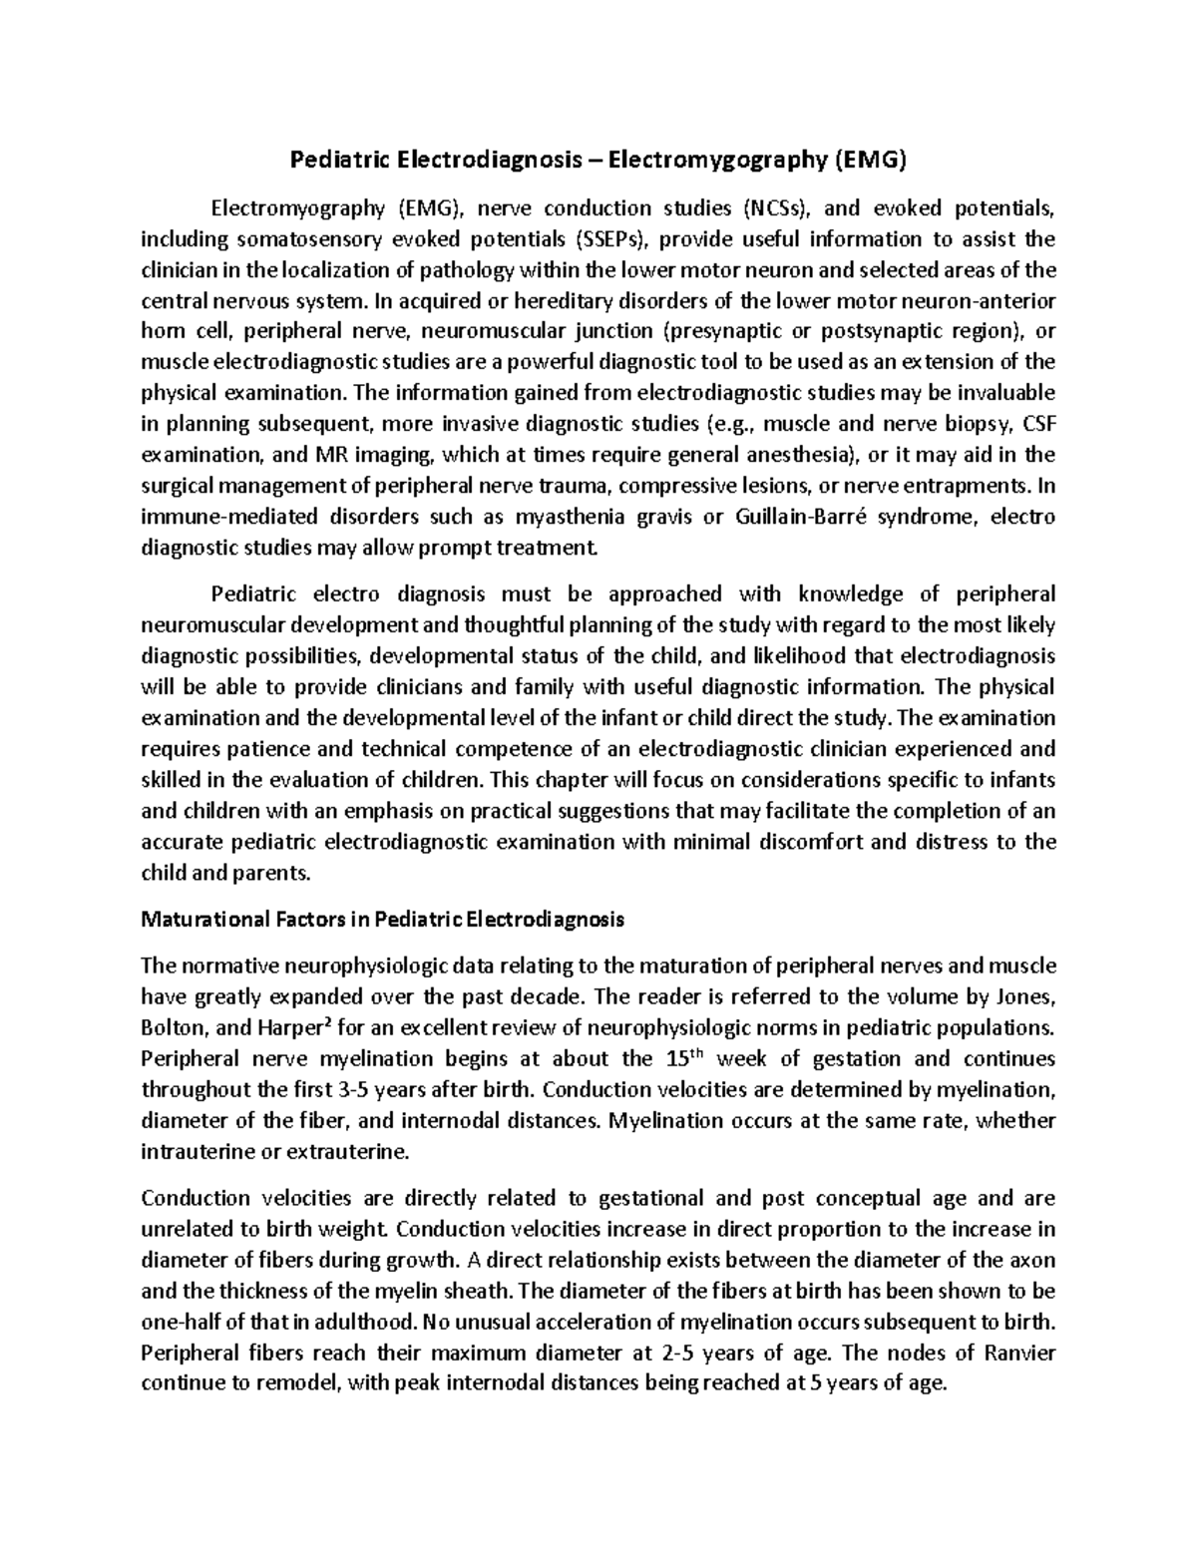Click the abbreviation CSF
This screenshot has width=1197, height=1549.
click(x=1038, y=425)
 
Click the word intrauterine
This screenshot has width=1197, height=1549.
click(x=193, y=1151)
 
